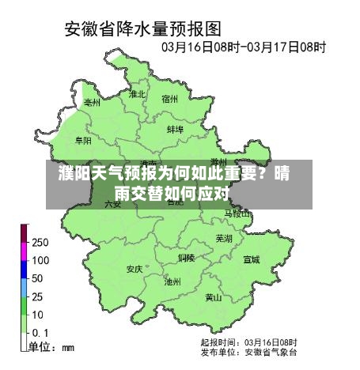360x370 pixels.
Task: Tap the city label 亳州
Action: click(93, 103)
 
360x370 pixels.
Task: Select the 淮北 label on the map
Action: click(138, 94)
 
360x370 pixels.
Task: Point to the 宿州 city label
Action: click(170, 99)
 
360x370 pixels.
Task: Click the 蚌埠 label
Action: click(175, 128)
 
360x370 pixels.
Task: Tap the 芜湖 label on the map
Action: click(224, 238)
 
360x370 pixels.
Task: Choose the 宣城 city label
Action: click(251, 259)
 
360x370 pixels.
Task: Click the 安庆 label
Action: click(135, 269)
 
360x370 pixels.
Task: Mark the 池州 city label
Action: click(172, 281)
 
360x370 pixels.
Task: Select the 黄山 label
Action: click(214, 298)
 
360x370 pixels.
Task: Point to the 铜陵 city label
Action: click(187, 258)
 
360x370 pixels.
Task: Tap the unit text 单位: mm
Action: click(51, 346)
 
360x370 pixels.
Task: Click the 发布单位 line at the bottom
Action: click(248, 351)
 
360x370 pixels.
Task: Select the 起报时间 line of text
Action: click(248, 342)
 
